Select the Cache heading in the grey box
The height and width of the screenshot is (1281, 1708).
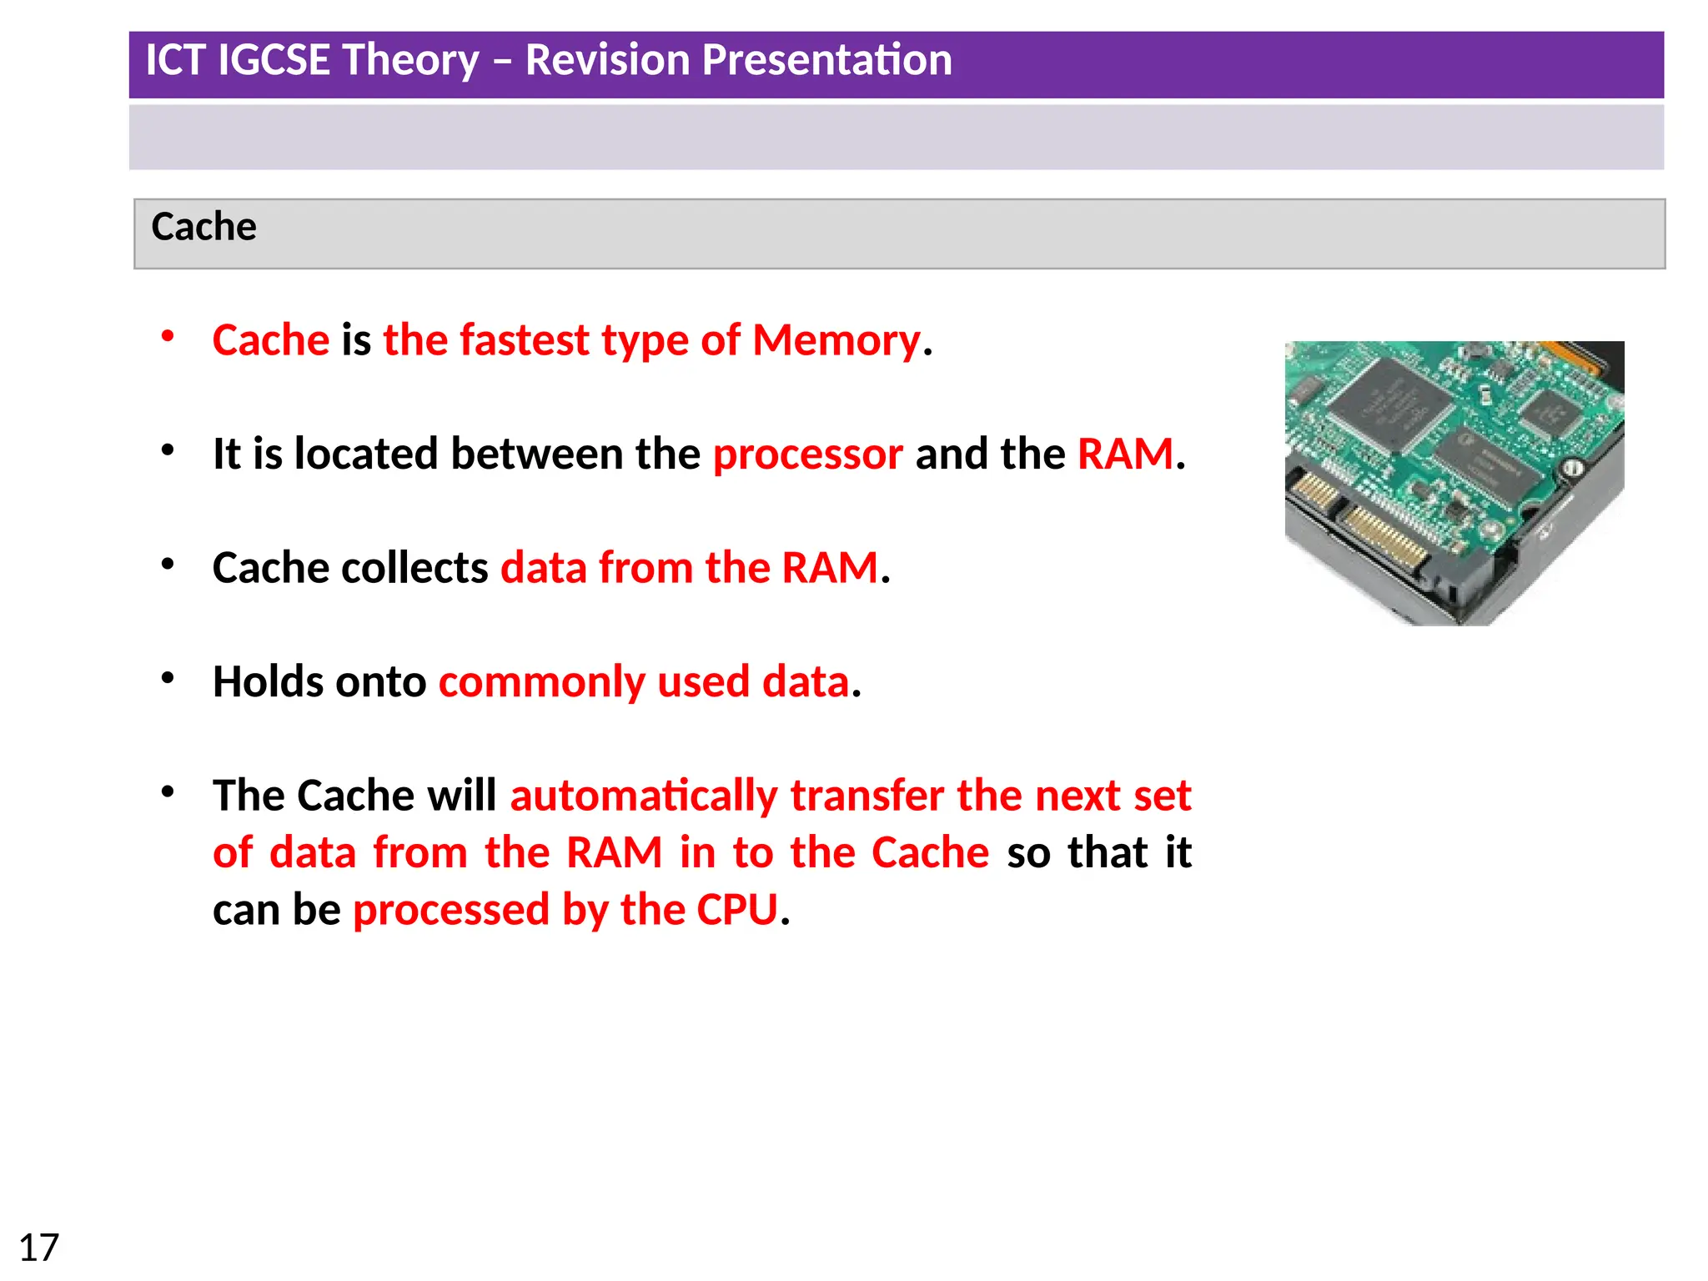pyautogui.click(x=203, y=227)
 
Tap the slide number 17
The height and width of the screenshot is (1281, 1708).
pyautogui.click(x=38, y=1248)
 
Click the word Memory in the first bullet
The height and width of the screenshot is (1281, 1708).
pyautogui.click(x=836, y=340)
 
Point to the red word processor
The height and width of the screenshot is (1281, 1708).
pyautogui.click(x=807, y=455)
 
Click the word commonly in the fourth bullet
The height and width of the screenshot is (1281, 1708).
pyautogui.click(x=541, y=682)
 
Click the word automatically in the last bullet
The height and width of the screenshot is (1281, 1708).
pyautogui.click(x=644, y=796)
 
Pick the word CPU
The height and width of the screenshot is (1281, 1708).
pyautogui.click(x=737, y=909)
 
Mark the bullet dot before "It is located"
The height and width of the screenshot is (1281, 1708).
pyautogui.click(x=168, y=450)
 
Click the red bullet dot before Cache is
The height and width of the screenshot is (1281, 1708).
pyautogui.click(x=168, y=336)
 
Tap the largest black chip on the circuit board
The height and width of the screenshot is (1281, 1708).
pyautogui.click(x=1389, y=406)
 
